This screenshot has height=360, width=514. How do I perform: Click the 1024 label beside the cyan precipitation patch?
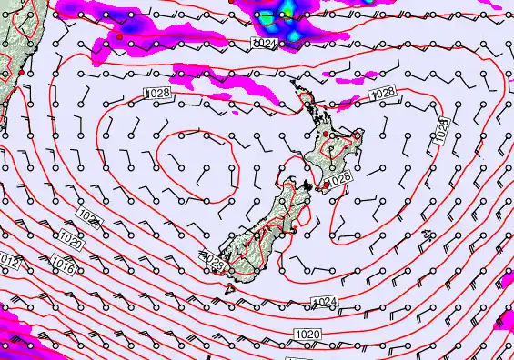click(x=264, y=44)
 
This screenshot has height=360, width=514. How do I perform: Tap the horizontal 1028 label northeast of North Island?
click(x=383, y=93)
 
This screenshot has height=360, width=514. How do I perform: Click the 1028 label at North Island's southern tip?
click(x=338, y=181)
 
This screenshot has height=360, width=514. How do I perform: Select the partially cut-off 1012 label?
click(x=8, y=262)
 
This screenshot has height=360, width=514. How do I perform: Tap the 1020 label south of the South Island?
click(x=307, y=335)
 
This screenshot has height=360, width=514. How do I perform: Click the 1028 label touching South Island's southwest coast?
click(x=213, y=261)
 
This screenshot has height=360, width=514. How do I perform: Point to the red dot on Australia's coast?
click(x=21, y=73)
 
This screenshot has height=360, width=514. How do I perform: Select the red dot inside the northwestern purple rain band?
click(x=119, y=36)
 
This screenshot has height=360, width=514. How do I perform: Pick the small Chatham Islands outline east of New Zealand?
click(x=427, y=235)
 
